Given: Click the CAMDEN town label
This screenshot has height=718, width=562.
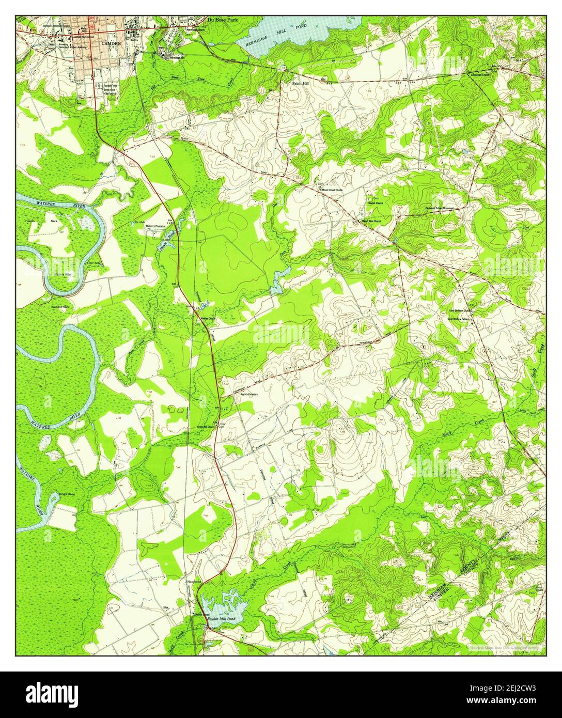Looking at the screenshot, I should (112, 44).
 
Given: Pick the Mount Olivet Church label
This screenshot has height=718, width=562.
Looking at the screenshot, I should (333, 190).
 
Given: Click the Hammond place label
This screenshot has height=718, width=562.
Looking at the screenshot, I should (194, 581).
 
